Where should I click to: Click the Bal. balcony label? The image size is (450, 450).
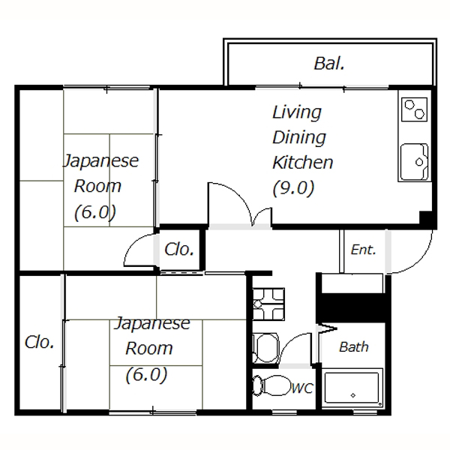[x=329, y=64]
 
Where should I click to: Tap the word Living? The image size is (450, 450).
[x=297, y=112]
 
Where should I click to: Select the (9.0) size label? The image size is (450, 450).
[x=293, y=188]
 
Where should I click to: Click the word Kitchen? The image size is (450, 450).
[x=303, y=163]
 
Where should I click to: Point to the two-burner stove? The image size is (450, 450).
[x=415, y=109]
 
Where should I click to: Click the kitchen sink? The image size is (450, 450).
[x=414, y=162]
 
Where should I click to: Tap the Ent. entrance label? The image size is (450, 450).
[x=363, y=250]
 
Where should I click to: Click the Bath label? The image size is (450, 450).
[x=354, y=347]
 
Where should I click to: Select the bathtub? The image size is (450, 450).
[x=352, y=388]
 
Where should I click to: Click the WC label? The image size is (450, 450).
[x=302, y=388]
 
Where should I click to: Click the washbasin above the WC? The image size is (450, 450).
[x=265, y=347]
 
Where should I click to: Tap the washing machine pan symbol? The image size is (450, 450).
[x=268, y=304]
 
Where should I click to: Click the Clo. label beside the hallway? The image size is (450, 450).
[x=179, y=249]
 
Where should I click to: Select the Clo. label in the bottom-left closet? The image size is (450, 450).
[x=40, y=342]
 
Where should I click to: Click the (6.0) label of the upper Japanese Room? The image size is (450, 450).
[x=95, y=213]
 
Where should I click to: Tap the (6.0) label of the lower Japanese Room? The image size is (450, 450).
[x=146, y=375]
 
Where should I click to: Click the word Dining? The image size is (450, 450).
[x=299, y=138]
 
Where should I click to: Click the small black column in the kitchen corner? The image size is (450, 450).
[x=426, y=217]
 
